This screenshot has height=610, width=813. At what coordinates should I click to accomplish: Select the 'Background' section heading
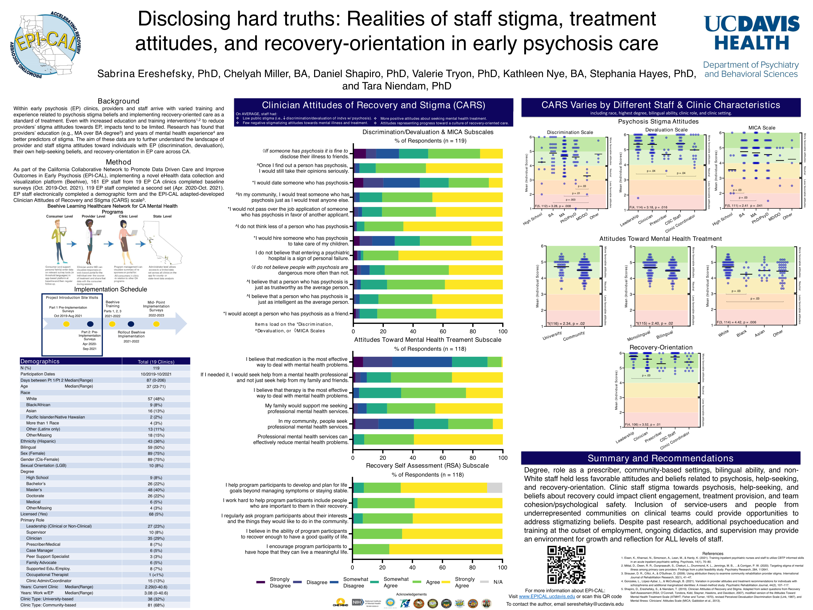coord(118,101)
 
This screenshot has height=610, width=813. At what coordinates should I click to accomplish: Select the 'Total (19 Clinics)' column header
coord(156,362)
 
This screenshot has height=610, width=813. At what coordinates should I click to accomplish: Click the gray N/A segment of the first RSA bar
coord(494,488)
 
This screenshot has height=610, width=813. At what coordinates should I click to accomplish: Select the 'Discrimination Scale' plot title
coord(570,132)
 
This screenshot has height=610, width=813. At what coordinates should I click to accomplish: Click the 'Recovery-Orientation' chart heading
coord(661,348)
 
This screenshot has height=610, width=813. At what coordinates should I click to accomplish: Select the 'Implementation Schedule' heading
coord(111,289)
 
